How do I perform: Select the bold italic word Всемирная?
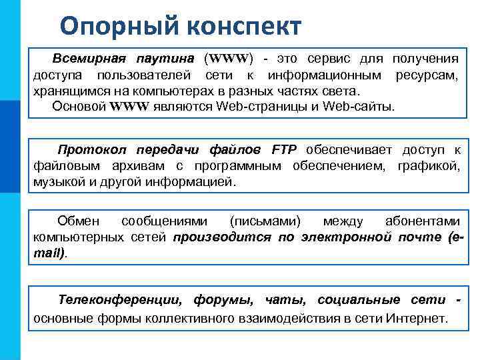click(89, 58)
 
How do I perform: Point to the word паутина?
click(167, 58)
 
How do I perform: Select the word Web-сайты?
click(361, 106)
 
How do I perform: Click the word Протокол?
click(92, 149)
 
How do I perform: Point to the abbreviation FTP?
click(285, 149)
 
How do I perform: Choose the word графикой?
click(429, 165)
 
